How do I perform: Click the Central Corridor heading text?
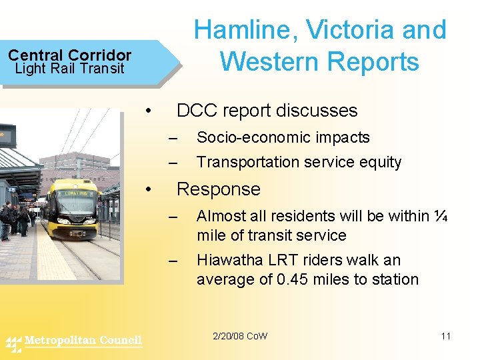tap(69, 55)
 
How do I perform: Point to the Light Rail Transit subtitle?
tap(69, 69)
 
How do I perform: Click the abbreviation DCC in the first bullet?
tap(198, 111)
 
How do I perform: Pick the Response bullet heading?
tap(218, 189)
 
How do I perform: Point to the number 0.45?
tap(301, 280)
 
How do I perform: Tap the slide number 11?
tap(445, 336)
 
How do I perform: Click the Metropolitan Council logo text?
tap(83, 341)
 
